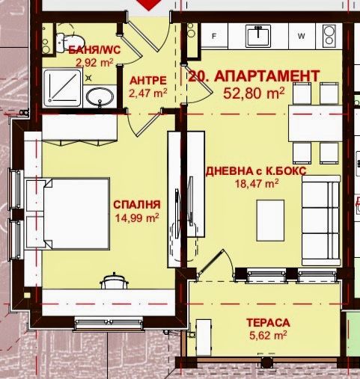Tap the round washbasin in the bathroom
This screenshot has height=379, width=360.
pyautogui.click(x=99, y=96)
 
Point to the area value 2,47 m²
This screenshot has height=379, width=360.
pyautogui.click(x=145, y=93)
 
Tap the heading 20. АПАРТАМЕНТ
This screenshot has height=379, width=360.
pyautogui.click(x=254, y=76)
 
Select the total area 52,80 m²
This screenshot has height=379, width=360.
pyautogui.click(x=254, y=93)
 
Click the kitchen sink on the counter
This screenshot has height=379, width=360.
pyautogui.click(x=260, y=34)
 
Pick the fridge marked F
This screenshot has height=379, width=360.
pyautogui.click(x=215, y=35)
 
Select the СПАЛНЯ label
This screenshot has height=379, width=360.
pyautogui.click(x=137, y=204)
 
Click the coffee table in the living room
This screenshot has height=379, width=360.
pyautogui.click(x=270, y=222)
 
